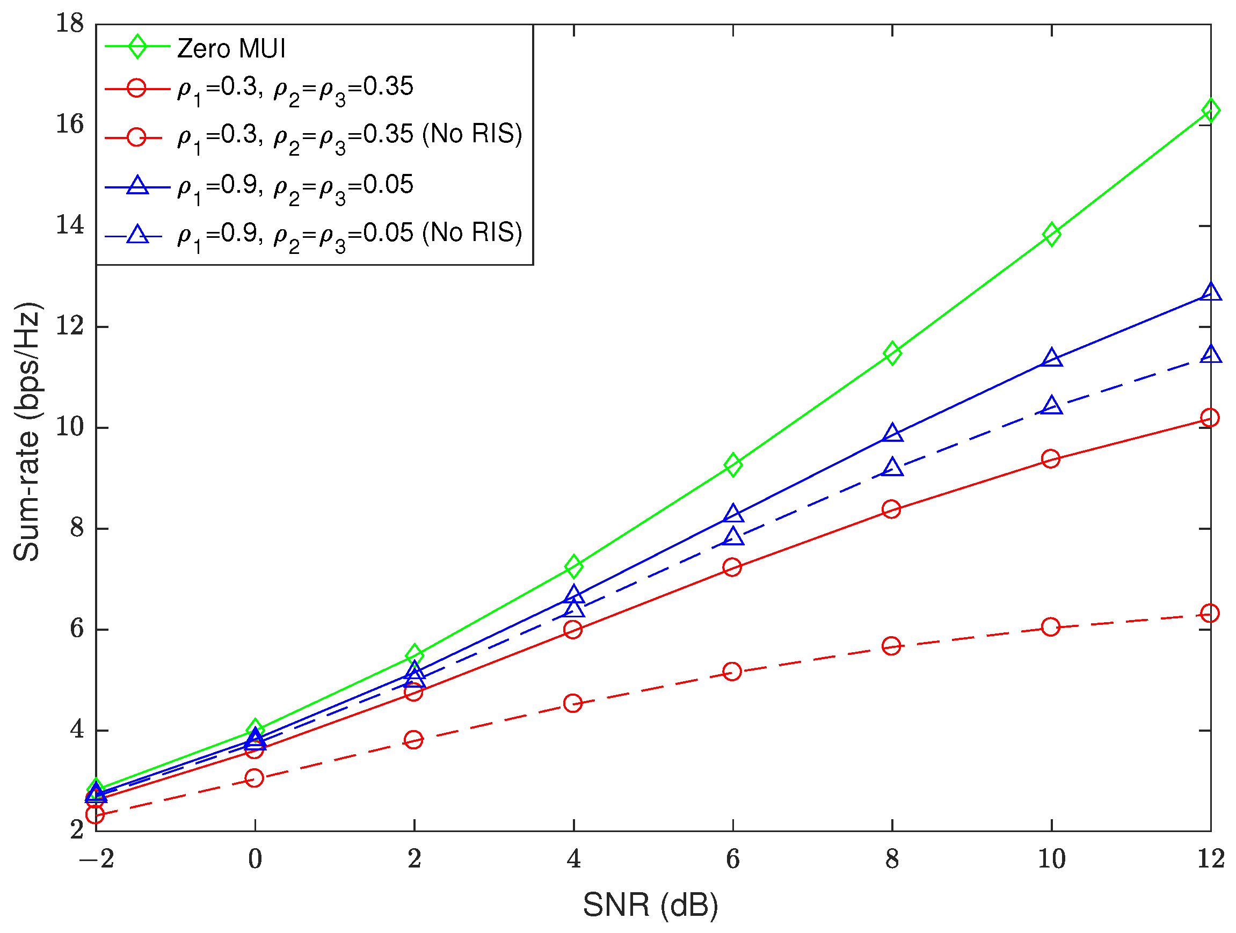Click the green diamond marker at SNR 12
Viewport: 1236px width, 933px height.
(1210, 110)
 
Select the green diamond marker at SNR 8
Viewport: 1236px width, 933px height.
(892, 353)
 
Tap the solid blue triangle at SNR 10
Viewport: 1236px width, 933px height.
(1052, 358)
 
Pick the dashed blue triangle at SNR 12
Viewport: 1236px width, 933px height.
(1210, 355)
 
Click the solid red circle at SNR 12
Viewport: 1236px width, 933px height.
(1209, 417)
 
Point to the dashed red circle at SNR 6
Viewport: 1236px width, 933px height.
(732, 671)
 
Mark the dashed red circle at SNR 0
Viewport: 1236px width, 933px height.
(255, 778)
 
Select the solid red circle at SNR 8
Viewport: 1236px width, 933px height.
(891, 509)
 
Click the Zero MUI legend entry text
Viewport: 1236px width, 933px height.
(231, 49)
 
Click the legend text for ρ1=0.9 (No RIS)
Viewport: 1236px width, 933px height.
(350, 234)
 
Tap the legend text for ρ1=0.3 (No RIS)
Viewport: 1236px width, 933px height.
(350, 136)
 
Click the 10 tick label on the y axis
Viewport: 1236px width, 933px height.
(70, 427)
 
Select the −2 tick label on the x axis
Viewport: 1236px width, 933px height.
(96, 859)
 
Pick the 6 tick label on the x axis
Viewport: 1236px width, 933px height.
(732, 859)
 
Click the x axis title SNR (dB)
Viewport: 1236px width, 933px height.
(650, 905)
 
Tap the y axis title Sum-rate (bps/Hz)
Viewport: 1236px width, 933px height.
(27, 431)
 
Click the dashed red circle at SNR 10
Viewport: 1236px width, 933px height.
(1050, 627)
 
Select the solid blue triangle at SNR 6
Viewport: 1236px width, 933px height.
(733, 513)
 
